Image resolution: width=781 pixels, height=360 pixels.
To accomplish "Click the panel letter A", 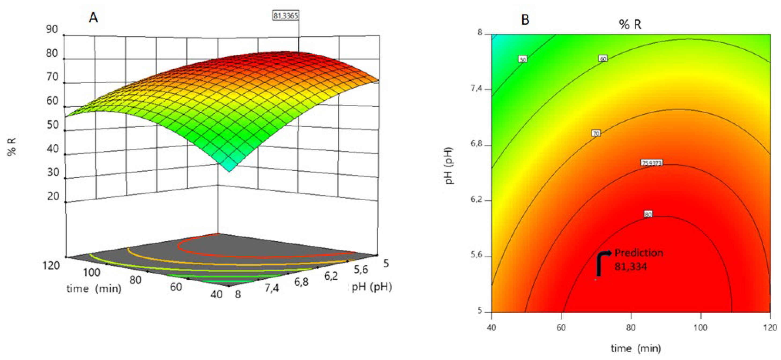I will click(93, 18).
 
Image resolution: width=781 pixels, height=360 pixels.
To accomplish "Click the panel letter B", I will click(525, 20).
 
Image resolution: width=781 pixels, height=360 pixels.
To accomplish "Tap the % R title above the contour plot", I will click(630, 24).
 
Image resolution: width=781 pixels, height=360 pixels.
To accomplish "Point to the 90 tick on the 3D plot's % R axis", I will click(52, 29).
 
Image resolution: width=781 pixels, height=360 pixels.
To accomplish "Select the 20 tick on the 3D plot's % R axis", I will click(53, 196).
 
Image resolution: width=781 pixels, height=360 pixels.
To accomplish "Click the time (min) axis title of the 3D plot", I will click(94, 288).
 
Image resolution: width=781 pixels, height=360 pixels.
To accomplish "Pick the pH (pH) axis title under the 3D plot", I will click(371, 286).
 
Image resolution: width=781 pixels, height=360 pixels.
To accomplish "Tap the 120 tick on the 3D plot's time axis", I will click(50, 266).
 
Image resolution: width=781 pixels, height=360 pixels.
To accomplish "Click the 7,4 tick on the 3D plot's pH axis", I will click(272, 288).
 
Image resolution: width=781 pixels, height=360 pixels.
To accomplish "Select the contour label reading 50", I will click(523, 59).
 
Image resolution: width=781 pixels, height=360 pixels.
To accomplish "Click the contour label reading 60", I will click(603, 58).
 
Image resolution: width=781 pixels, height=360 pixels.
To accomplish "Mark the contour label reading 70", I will click(596, 133).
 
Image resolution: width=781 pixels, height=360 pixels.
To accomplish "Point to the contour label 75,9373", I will click(652, 163).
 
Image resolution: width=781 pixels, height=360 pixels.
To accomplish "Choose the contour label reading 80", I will click(648, 214).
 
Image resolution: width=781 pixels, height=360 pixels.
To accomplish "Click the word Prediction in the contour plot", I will click(639, 253).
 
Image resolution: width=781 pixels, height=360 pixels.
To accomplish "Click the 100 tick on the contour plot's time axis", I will click(701, 328).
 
